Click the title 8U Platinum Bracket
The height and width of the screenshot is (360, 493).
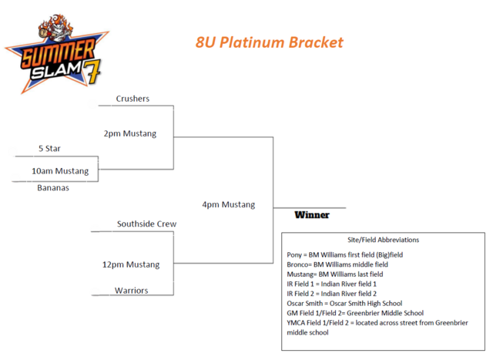269,42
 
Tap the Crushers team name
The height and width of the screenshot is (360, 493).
132,99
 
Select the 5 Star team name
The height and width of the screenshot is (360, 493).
49,148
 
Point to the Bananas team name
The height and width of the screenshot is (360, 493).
53,187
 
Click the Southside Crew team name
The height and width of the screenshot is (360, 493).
147,224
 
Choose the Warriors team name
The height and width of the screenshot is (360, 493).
132,290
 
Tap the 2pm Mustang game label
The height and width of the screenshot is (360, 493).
130,133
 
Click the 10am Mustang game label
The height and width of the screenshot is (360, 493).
60,171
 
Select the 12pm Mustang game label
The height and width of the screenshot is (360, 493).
131,264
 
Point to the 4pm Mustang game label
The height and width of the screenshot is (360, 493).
229,204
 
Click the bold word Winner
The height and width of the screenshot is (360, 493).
312,215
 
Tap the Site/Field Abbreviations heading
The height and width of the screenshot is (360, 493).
384,240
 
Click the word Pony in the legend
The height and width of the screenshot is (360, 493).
294,254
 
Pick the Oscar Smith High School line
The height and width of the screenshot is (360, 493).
344,304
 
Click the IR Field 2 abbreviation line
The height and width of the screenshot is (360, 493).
332,294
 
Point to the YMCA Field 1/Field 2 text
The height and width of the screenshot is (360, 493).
317,322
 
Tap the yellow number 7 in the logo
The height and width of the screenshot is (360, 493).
92,71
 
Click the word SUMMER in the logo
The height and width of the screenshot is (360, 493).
59,53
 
